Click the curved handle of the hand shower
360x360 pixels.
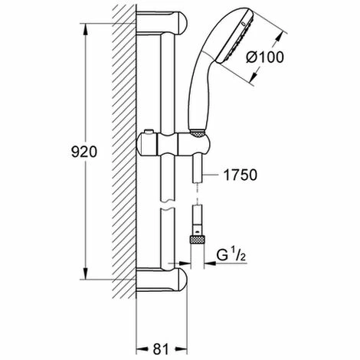(x=201, y=92)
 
